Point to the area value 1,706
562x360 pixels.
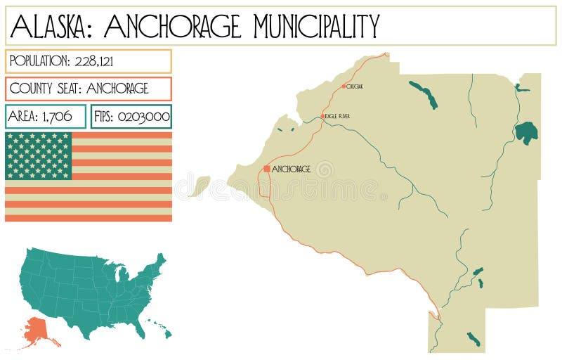56,117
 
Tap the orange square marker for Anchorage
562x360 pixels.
266,169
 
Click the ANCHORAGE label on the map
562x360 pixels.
291,169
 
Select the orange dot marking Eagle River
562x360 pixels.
323,116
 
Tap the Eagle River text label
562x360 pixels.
337,116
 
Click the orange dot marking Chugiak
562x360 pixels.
344,86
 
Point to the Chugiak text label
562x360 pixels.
355,86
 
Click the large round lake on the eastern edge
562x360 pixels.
526,132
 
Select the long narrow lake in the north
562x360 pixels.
424,95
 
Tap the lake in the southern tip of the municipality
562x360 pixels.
473,340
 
